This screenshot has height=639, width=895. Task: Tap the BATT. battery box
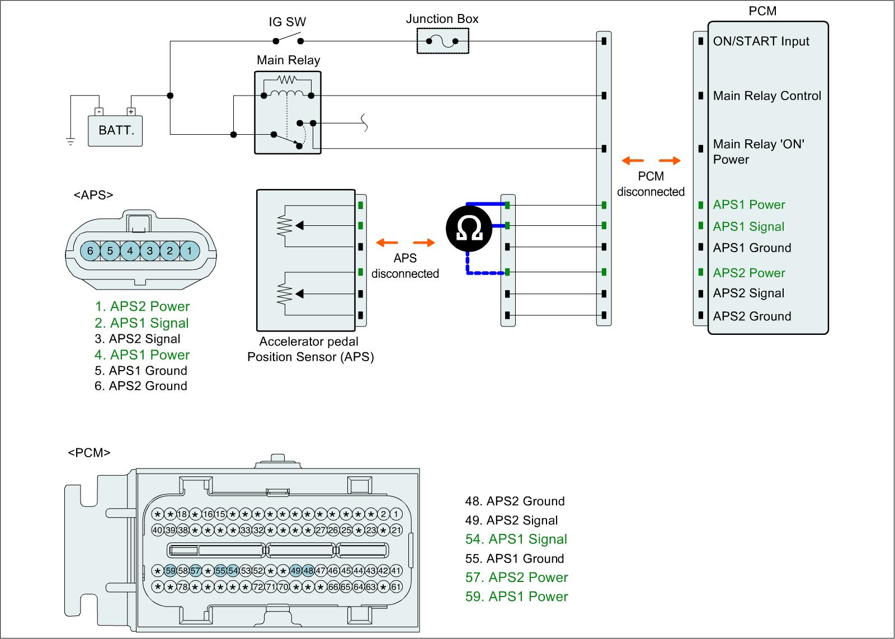(115, 131)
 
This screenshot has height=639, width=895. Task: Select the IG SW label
(288, 22)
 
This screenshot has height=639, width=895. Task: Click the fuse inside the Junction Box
(442, 41)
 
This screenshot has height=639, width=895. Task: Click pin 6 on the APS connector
(90, 251)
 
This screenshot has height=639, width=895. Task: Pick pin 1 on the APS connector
(190, 251)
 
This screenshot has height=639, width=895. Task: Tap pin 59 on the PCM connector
(170, 571)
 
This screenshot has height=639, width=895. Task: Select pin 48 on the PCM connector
(308, 571)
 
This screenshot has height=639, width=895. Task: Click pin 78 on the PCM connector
(182, 587)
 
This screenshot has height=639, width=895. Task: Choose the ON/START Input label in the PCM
(761, 41)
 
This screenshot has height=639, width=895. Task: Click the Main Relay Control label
(767, 96)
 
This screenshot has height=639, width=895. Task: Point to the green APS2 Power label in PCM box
(749, 273)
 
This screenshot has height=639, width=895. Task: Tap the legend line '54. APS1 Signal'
(516, 539)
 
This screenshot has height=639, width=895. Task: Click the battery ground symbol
(70, 141)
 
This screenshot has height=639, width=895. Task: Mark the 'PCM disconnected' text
(651, 184)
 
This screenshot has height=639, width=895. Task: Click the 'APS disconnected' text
(405, 266)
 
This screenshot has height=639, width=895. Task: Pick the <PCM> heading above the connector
(89, 453)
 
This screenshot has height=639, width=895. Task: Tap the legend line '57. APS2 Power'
(516, 578)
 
